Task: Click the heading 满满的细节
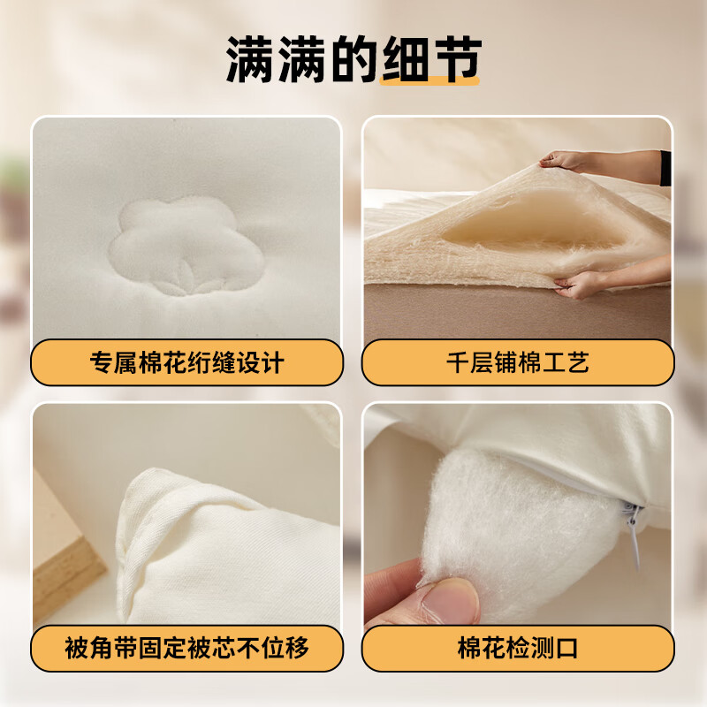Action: click(353, 59)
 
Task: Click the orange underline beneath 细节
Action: click(430, 80)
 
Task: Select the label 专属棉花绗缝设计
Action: click(186, 362)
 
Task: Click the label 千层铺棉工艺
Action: click(518, 362)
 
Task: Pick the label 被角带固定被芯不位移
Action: click(186, 648)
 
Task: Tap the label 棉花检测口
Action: click(518, 648)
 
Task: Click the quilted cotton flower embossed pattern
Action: click(186, 247)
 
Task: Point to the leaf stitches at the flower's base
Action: click(186, 278)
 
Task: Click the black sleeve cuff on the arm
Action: click(665, 168)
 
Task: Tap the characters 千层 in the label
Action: click(470, 362)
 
